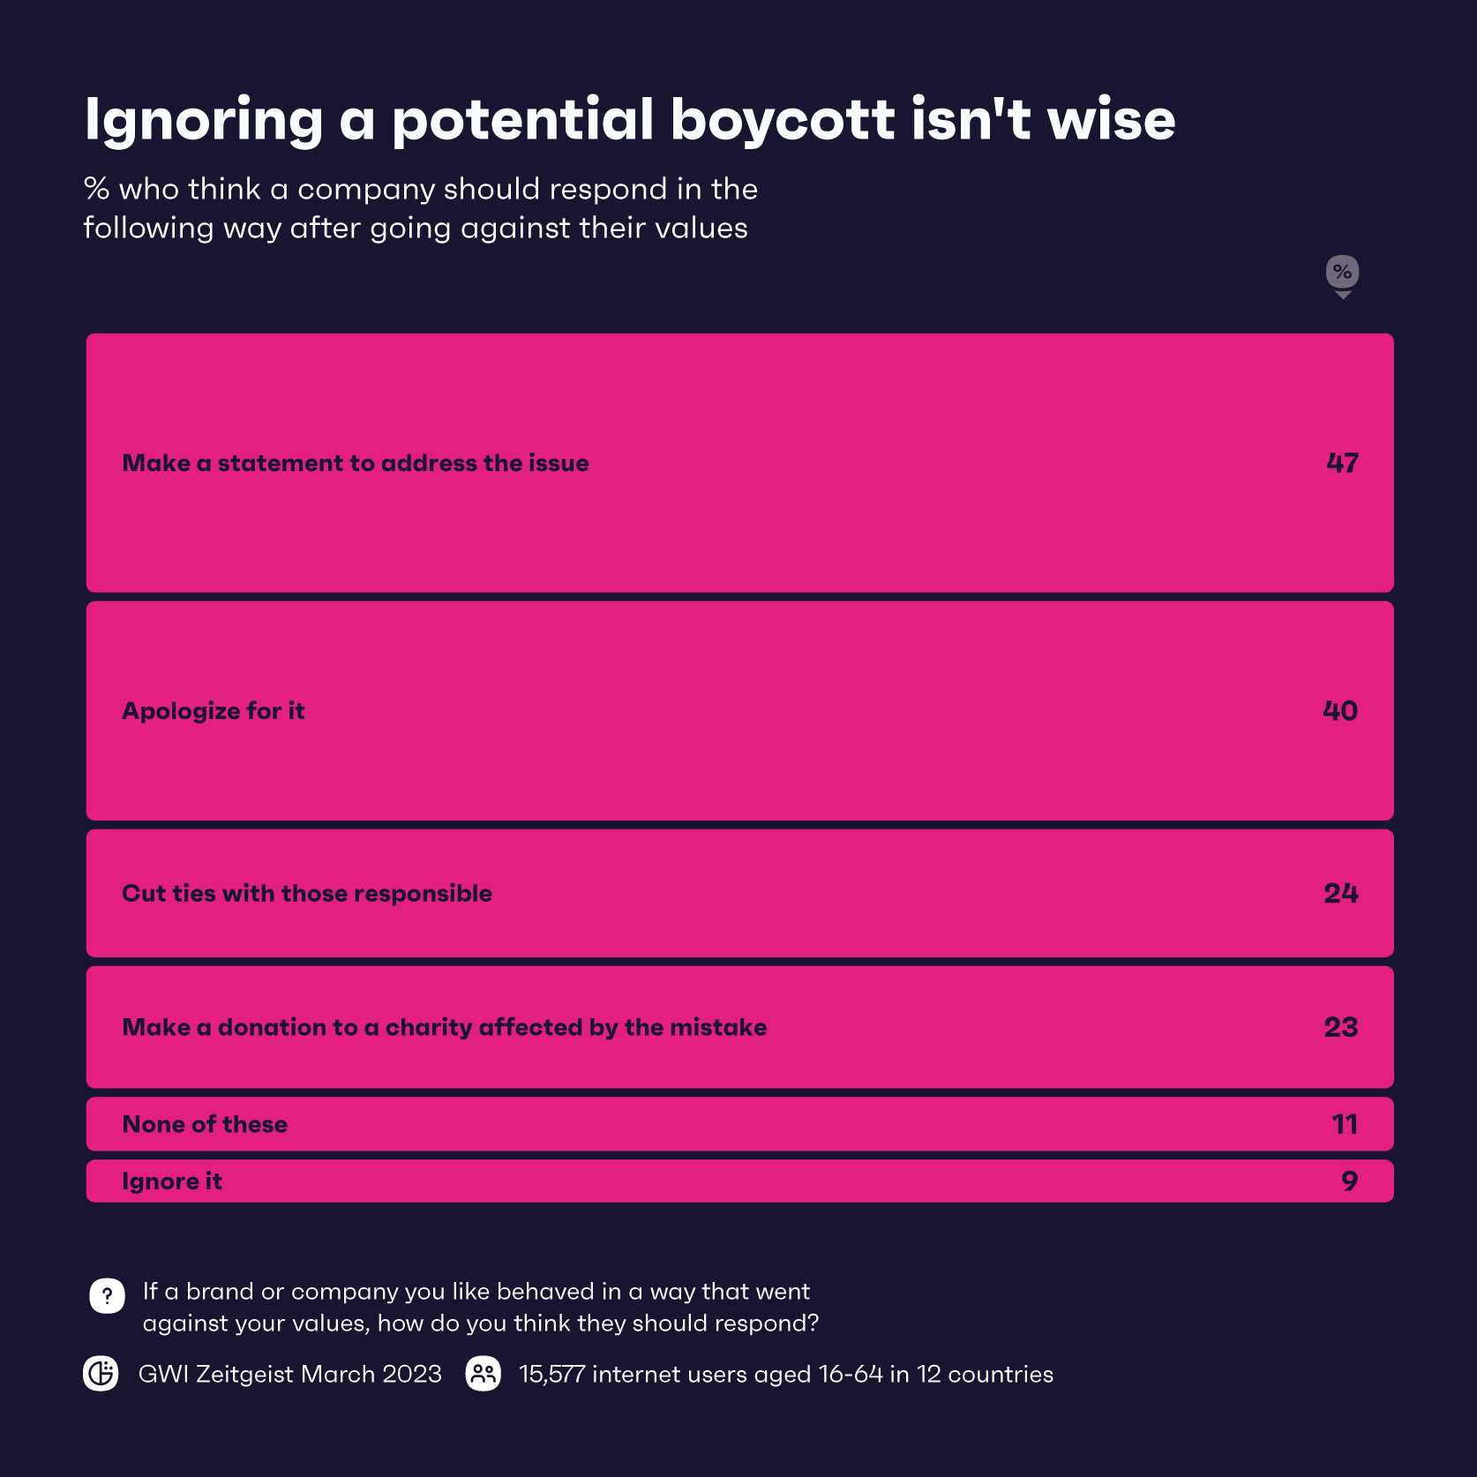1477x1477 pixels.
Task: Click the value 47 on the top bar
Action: pyautogui.click(x=1342, y=463)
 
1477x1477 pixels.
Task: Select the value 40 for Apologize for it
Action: pyautogui.click(x=1340, y=711)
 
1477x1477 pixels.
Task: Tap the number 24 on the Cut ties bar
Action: pyautogui.click(x=1340, y=894)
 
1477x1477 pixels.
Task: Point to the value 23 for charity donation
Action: pyautogui.click(x=1340, y=1028)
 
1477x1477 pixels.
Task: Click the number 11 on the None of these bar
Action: pyautogui.click(x=1344, y=1125)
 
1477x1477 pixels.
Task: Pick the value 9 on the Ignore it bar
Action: pyautogui.click(x=1349, y=1181)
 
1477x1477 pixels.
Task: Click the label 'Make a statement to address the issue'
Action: pyautogui.click(x=356, y=463)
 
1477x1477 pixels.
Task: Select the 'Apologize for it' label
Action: pyautogui.click(x=214, y=711)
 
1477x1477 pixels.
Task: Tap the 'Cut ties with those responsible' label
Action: pyautogui.click(x=307, y=894)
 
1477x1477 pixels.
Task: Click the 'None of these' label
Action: pyautogui.click(x=205, y=1125)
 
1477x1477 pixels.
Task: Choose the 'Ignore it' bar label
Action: pyautogui.click(x=172, y=1181)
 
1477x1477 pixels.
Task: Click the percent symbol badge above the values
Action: pyautogui.click(x=1342, y=273)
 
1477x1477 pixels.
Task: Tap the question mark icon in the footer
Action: pyautogui.click(x=107, y=1296)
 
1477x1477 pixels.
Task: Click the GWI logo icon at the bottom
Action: pyautogui.click(x=101, y=1374)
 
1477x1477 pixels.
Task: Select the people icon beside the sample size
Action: pyautogui.click(x=484, y=1374)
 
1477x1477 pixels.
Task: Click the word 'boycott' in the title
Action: pyautogui.click(x=783, y=120)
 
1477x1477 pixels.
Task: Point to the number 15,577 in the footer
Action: pyautogui.click(x=551, y=1375)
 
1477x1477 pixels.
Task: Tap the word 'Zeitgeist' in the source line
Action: pyautogui.click(x=244, y=1375)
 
